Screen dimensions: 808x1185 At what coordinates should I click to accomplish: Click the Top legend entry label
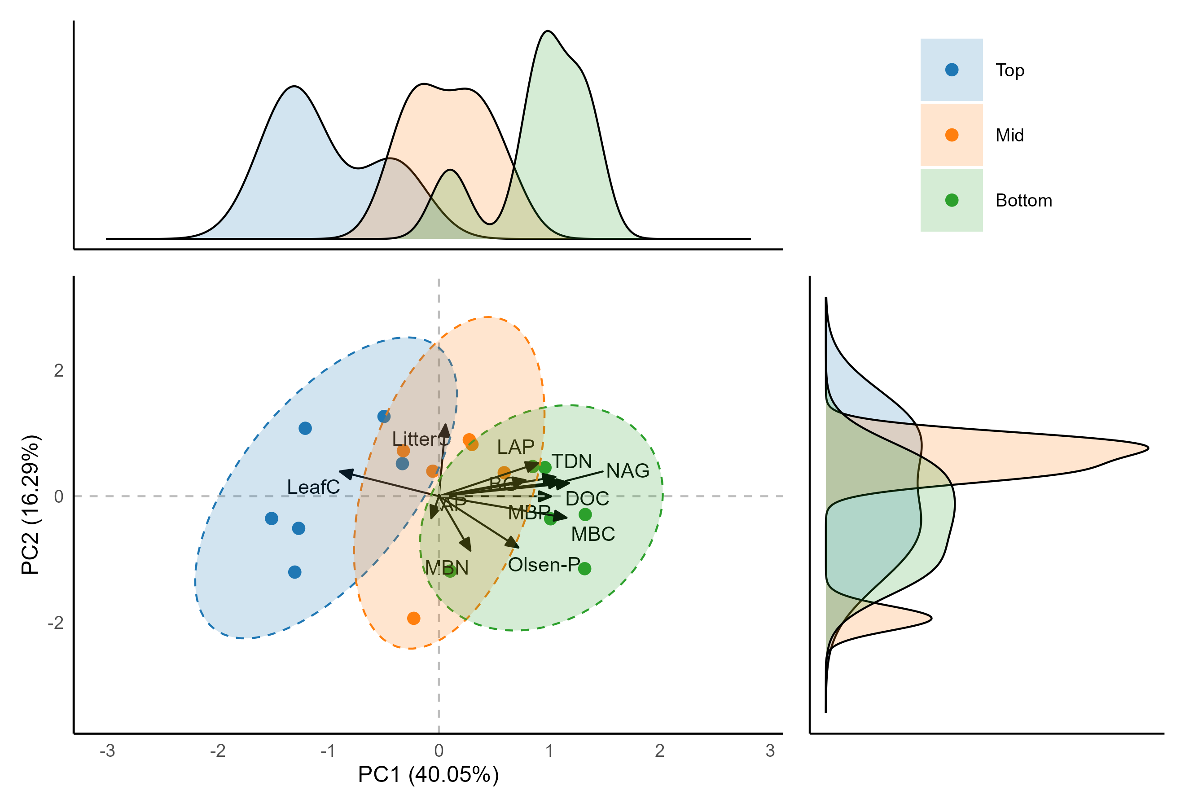tap(1009, 70)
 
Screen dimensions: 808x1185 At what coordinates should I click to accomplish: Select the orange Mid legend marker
tap(951, 135)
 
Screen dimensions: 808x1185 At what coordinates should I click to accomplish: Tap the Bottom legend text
tap(1023, 200)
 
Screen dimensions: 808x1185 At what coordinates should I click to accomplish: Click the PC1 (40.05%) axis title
tap(428, 774)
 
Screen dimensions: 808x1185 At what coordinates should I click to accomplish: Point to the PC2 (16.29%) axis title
tap(30, 505)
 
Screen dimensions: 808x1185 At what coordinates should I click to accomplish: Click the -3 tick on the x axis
tap(107, 751)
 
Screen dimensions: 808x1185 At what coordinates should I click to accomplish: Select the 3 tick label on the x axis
tap(770, 751)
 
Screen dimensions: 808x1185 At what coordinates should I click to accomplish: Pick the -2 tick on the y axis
tap(56, 623)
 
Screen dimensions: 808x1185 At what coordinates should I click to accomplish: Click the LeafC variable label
tap(313, 487)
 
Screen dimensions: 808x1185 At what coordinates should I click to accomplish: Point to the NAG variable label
tap(627, 470)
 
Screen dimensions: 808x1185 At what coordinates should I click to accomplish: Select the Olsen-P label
tap(544, 564)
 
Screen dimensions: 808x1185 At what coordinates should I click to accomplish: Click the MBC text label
tap(592, 534)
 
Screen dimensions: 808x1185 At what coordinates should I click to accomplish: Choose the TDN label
tap(571, 461)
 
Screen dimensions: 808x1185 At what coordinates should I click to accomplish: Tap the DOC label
tap(587, 498)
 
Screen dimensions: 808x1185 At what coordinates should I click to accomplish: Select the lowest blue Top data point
tap(295, 572)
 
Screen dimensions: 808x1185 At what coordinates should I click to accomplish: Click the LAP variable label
tap(515, 447)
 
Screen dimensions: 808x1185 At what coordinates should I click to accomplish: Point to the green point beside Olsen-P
tap(584, 568)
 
